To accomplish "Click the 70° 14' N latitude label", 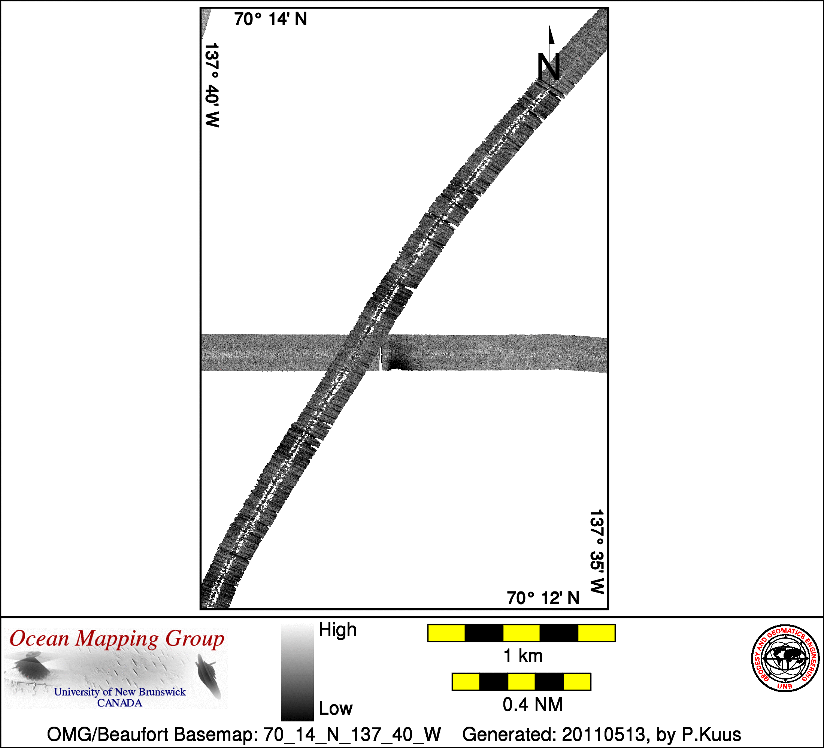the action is [x=270, y=19].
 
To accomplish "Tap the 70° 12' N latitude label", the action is [x=543, y=598].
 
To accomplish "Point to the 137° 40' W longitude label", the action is [x=212, y=85].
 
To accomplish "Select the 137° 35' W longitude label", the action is [x=597, y=552].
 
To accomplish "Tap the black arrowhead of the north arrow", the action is [x=551, y=34].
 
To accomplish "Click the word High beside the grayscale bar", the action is [x=337, y=630].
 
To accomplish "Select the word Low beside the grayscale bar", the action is [x=336, y=708].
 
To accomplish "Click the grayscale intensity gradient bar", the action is [x=297, y=673].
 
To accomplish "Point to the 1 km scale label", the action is [x=523, y=656].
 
